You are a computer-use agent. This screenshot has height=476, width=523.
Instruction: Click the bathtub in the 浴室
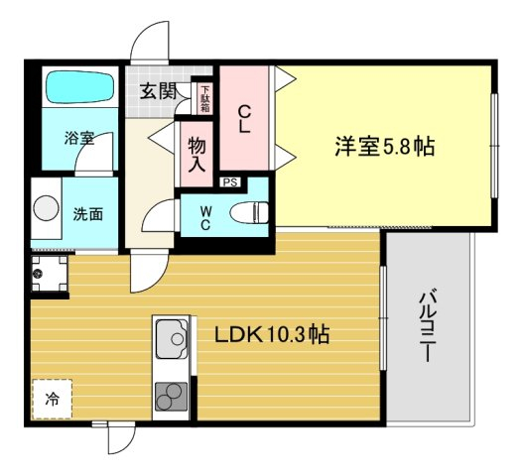pyautogui.click(x=80, y=87)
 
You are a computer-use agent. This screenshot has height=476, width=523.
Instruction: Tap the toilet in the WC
pyautogui.click(x=249, y=212)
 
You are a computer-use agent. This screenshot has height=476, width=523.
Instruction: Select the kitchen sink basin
pyautogui.click(x=172, y=339)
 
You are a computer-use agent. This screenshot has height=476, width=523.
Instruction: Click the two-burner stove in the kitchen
pyautogui.click(x=171, y=397)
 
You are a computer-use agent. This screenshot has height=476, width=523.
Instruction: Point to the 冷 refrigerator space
pyautogui.click(x=52, y=399)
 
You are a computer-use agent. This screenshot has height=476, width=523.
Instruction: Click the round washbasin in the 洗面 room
pyautogui.click(x=46, y=208)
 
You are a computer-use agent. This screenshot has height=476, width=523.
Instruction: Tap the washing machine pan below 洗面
pyautogui.click(x=49, y=274)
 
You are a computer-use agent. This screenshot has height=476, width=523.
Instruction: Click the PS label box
pyautogui.click(x=230, y=182)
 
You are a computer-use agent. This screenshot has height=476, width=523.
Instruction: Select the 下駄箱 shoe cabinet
pyautogui.click(x=204, y=99)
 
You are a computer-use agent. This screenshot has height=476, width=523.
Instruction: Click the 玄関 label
pyautogui.click(x=159, y=90)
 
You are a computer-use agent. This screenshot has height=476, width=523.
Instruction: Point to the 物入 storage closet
pyautogui.click(x=196, y=155)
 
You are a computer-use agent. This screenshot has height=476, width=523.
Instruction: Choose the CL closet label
pyautogui.click(x=244, y=119)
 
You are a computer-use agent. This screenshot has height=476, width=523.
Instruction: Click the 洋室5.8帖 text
pyautogui.click(x=385, y=147)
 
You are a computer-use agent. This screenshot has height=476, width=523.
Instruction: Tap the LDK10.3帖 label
pyautogui.click(x=272, y=334)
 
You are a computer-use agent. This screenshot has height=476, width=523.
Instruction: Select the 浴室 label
pyautogui.click(x=79, y=138)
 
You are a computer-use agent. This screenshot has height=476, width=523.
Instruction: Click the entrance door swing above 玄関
pyautogui.click(x=150, y=43)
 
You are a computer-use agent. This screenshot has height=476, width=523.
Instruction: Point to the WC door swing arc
pyautogui.click(x=159, y=215)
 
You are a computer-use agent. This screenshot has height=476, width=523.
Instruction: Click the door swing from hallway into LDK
pyautogui.click(x=149, y=271)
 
